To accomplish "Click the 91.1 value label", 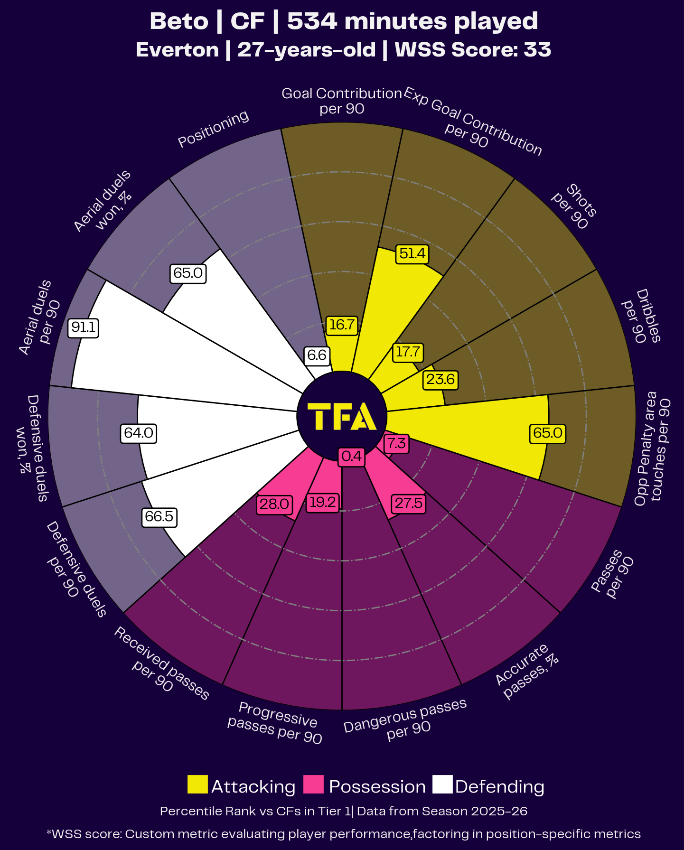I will [84, 327].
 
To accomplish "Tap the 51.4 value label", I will [412, 254].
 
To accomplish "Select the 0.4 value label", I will [352, 457].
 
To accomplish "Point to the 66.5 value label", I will [159, 516].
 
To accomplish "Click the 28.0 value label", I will [274, 504].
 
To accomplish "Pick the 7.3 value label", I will [396, 444].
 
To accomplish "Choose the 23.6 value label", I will [440, 380].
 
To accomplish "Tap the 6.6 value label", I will [317, 355].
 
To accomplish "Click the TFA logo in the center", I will [342, 416].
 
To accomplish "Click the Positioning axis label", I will [213, 129].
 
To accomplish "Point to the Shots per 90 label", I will [574, 206].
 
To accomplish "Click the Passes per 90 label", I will [613, 574].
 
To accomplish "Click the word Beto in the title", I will [179, 21].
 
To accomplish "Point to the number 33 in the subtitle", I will [537, 50].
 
